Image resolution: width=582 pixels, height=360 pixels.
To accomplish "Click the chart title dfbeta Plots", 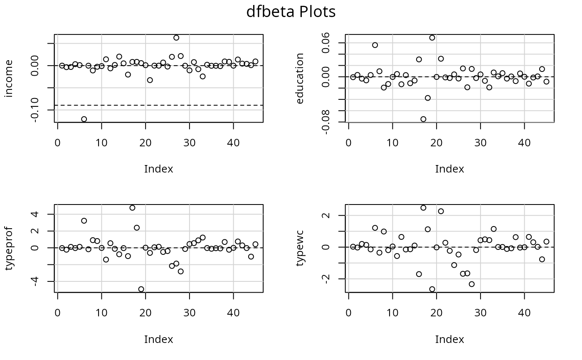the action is [291, 12].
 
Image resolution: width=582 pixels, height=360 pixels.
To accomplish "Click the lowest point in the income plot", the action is [84, 119].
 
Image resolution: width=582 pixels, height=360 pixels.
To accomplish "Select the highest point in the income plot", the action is [176, 38].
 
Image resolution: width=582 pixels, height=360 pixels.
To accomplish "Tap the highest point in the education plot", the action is [432, 38].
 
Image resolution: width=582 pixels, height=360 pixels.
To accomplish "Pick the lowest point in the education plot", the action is [423, 119].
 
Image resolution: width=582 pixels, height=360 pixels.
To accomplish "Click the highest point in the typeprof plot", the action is [132, 208].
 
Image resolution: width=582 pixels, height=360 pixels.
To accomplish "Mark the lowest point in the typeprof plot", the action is [141, 289].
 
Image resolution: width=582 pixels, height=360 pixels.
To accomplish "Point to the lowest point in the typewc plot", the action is [432, 289].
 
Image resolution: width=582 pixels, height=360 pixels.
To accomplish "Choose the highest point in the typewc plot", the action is [423, 208].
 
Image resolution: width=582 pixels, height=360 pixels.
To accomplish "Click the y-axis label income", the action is [9, 79].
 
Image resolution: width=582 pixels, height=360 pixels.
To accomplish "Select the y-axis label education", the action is [300, 79].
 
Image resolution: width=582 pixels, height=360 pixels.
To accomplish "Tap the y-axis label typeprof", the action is [9, 249].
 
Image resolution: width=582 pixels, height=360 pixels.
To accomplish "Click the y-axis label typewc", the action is [300, 249].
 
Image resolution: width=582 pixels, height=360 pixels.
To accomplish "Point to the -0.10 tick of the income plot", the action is [35, 110].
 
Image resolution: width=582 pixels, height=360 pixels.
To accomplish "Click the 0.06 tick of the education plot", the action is [326, 43].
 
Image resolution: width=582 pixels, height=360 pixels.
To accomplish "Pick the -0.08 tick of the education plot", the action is [326, 122].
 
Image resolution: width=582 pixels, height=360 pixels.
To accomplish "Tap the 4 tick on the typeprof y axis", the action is [35, 214].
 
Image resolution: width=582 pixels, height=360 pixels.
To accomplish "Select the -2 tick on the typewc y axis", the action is [326, 279].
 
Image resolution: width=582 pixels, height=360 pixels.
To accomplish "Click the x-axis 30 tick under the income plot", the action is [190, 143].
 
